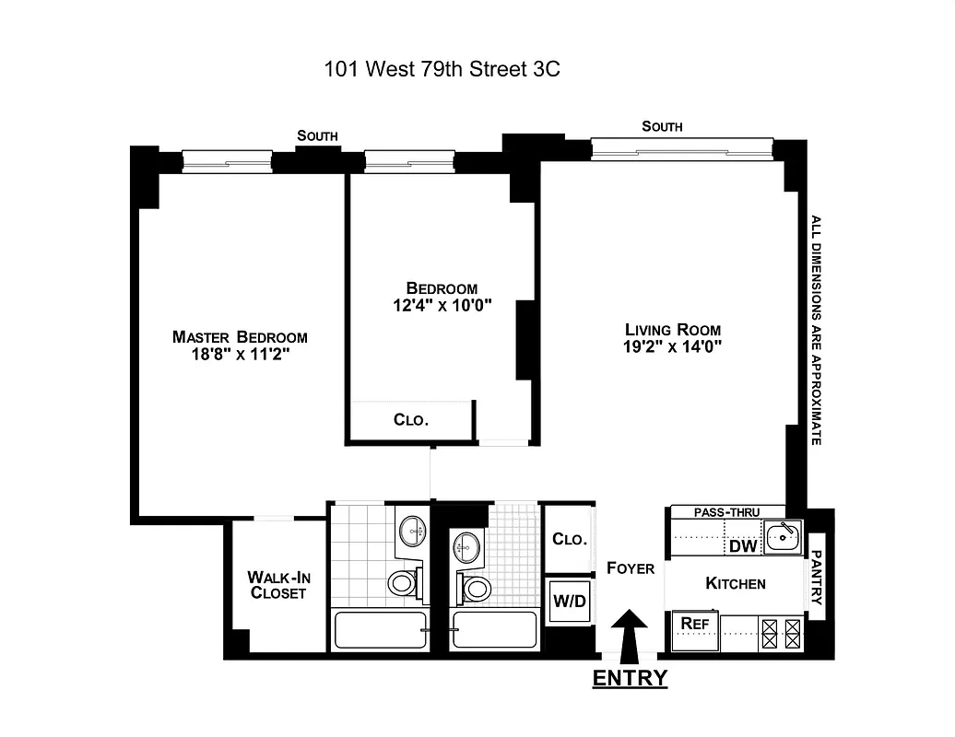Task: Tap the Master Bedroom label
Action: click(x=240, y=337)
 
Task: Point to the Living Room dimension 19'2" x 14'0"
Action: click(x=672, y=347)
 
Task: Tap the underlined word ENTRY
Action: click(x=630, y=679)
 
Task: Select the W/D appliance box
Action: click(x=568, y=602)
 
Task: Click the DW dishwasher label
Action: click(x=742, y=546)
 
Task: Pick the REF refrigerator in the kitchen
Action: click(x=693, y=624)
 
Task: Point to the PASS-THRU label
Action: click(x=726, y=511)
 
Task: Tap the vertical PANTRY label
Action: click(x=817, y=579)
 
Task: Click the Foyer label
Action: click(x=631, y=568)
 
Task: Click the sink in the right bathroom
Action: click(x=466, y=546)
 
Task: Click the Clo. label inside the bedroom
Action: click(x=411, y=419)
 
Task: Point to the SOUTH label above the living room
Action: click(x=662, y=127)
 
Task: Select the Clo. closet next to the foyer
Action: click(x=568, y=540)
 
